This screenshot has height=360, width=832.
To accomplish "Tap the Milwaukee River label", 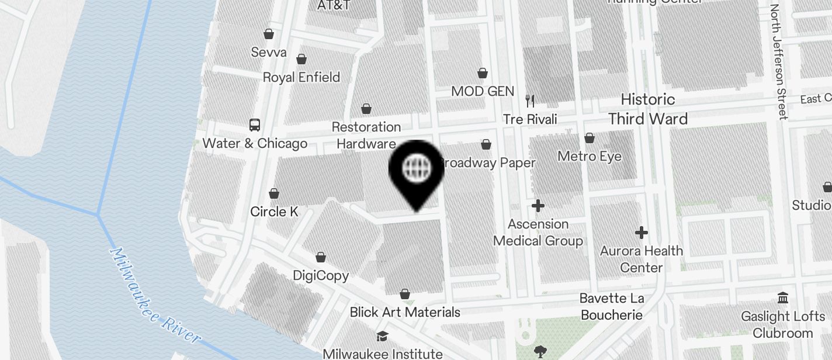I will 155,296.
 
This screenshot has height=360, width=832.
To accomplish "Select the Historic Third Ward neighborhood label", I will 647,109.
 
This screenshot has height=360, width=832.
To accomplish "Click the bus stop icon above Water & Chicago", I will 255,124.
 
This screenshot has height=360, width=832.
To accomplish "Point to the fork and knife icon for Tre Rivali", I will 530,101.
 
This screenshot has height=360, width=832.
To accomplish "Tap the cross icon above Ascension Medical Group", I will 538,206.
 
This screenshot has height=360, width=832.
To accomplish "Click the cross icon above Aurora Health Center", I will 642,233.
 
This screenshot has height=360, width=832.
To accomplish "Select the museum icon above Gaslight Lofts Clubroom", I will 783,298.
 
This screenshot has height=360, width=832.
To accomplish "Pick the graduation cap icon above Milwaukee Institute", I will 382,336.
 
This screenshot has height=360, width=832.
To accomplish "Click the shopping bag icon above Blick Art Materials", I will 405,294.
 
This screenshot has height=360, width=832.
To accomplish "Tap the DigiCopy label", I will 321,275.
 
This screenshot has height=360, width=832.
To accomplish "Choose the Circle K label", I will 274,212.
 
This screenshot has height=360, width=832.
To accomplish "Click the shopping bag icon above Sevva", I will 269,34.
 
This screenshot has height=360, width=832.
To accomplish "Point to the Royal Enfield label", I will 301,77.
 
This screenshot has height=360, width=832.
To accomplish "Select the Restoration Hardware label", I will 366,135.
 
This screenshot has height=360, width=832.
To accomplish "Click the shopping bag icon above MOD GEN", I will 483,73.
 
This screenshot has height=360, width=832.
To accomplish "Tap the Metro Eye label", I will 590,157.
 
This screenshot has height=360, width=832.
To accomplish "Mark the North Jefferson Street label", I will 779,61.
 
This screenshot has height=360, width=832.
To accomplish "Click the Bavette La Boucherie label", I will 612,307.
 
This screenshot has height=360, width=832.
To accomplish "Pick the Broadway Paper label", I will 488,163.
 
